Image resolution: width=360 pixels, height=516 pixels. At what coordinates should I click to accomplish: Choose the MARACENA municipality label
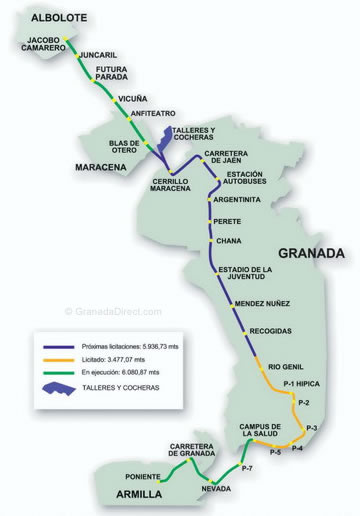(x=103, y=167)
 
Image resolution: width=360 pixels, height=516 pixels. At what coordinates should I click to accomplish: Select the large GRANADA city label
(x=310, y=253)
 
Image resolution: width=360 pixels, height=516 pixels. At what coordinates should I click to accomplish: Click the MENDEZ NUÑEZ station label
(x=262, y=303)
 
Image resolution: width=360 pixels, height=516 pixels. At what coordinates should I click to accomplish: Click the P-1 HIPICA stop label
(x=301, y=385)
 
